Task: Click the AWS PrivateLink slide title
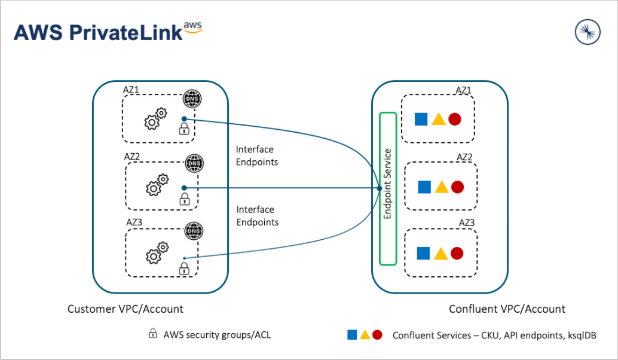108,32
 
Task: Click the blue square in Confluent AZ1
421,119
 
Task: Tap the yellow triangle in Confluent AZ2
441,187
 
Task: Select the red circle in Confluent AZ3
457,254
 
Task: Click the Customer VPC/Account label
126,309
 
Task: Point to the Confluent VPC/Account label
507,309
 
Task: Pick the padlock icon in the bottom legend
153,334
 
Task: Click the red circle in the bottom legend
377,335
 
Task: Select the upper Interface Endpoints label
257,155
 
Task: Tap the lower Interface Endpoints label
257,216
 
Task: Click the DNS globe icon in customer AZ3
193,230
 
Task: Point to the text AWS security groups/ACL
217,335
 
